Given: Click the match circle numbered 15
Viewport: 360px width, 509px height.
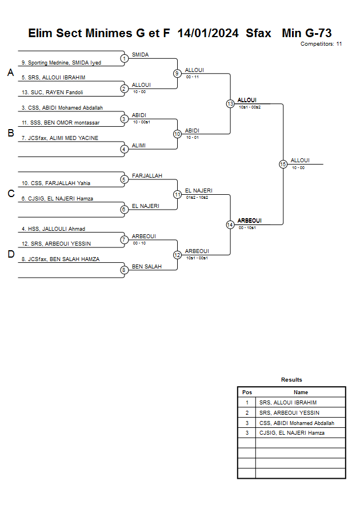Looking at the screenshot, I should tap(283, 164).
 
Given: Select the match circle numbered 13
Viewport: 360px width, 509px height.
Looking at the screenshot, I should tap(230, 104).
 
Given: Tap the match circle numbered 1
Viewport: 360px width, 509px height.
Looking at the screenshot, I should tap(124, 58).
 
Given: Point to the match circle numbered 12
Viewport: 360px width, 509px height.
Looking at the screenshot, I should tap(177, 255).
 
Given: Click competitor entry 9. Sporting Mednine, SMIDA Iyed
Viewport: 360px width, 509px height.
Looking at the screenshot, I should tap(61, 62).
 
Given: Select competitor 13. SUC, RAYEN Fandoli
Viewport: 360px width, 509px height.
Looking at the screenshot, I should tap(53, 92).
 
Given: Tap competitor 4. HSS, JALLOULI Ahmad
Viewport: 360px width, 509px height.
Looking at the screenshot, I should tap(53, 229).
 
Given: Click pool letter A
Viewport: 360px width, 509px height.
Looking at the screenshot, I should tap(10, 73).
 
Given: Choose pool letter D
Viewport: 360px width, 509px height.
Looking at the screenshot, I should tap(10, 254).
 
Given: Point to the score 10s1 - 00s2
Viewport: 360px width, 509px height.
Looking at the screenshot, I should tap(250, 107).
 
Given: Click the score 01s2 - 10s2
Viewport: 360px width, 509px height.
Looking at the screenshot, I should tap(197, 197).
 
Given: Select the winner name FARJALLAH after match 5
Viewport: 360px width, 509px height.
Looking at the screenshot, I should tap(147, 175).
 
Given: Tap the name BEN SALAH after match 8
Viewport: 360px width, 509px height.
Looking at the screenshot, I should tap(147, 266).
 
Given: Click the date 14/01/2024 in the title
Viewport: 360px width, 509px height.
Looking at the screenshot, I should tap(208, 33).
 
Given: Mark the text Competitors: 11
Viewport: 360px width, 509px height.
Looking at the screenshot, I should tap(321, 43).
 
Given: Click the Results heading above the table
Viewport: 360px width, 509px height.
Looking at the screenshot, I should tap(291, 379).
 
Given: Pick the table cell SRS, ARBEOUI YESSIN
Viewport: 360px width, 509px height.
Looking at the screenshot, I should tap(289, 412).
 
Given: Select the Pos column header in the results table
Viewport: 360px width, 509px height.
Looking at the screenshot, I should tap(247, 392).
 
